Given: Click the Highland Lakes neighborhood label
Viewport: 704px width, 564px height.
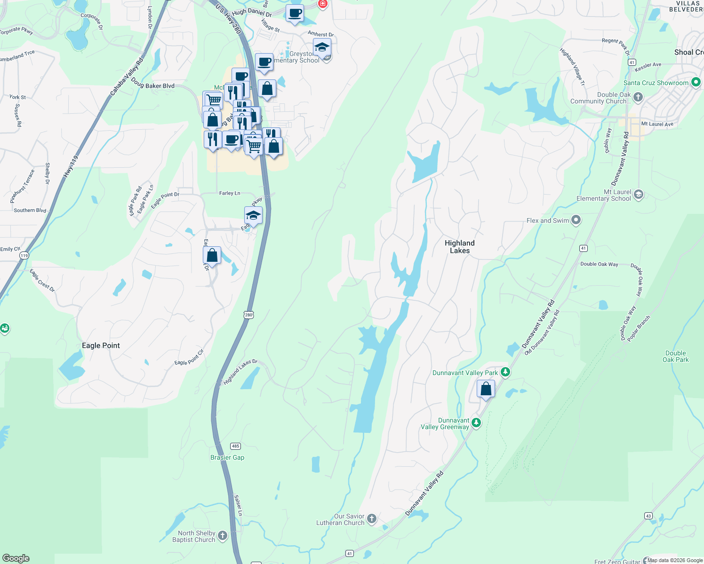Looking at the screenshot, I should coord(459,247).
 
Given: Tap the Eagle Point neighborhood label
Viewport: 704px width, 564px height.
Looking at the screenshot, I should coord(101,345).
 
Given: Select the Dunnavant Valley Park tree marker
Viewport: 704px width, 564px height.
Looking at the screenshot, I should coord(505,372).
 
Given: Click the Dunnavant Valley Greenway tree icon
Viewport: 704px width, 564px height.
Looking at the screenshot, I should coord(476,423).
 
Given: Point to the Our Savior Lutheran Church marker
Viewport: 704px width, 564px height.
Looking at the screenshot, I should coord(372,519).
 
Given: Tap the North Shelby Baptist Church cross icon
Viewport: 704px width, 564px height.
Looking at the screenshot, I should coord(223,535).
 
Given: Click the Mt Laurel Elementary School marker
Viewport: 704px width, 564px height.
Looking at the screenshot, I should coord(639,195).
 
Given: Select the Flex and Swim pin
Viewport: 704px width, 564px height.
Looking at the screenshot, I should coord(576,220).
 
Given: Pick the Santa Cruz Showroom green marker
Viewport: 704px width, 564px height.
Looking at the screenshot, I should coord(696,83).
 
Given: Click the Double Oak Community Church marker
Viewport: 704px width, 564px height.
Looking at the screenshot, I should coord(638,97).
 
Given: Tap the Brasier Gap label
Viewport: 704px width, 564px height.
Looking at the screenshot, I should coord(227,457).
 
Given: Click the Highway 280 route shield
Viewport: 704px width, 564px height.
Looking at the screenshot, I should coord(248,314).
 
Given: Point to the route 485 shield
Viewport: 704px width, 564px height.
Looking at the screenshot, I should coord(235,446).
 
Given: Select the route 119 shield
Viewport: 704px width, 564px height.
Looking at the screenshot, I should coord(24,255).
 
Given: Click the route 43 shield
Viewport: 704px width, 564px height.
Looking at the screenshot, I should coord(648,516).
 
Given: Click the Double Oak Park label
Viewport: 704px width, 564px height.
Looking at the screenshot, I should coord(675,356).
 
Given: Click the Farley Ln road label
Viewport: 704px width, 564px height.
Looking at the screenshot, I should coord(230,193).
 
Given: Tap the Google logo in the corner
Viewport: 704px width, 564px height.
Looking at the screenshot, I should coord(16,558).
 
